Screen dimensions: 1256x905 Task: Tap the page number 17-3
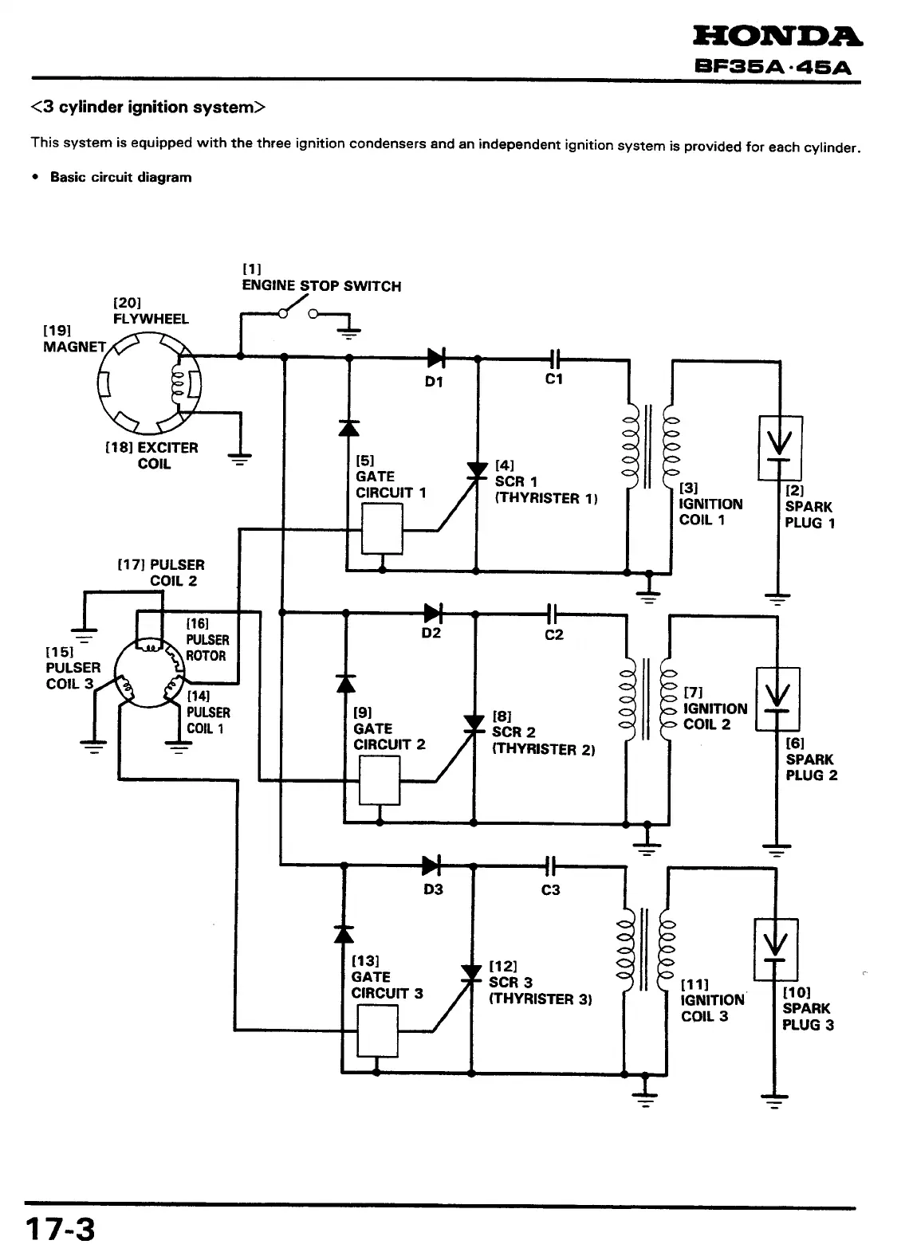click(x=60, y=1229)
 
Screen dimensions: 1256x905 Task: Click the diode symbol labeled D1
click(x=435, y=356)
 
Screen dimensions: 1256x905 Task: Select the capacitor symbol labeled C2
click(x=553, y=613)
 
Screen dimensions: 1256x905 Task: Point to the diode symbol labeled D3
click(x=432, y=865)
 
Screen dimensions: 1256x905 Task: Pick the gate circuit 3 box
click(x=377, y=1030)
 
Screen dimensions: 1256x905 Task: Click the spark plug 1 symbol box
click(x=781, y=448)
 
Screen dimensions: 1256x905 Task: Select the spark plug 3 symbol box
click(x=776, y=949)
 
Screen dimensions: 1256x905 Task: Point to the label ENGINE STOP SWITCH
click(x=321, y=286)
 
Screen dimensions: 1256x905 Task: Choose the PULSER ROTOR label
click(x=207, y=648)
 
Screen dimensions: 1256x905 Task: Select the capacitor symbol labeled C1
click(x=557, y=358)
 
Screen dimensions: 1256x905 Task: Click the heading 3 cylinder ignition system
click(x=147, y=108)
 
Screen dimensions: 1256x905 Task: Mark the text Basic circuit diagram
click(x=120, y=177)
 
